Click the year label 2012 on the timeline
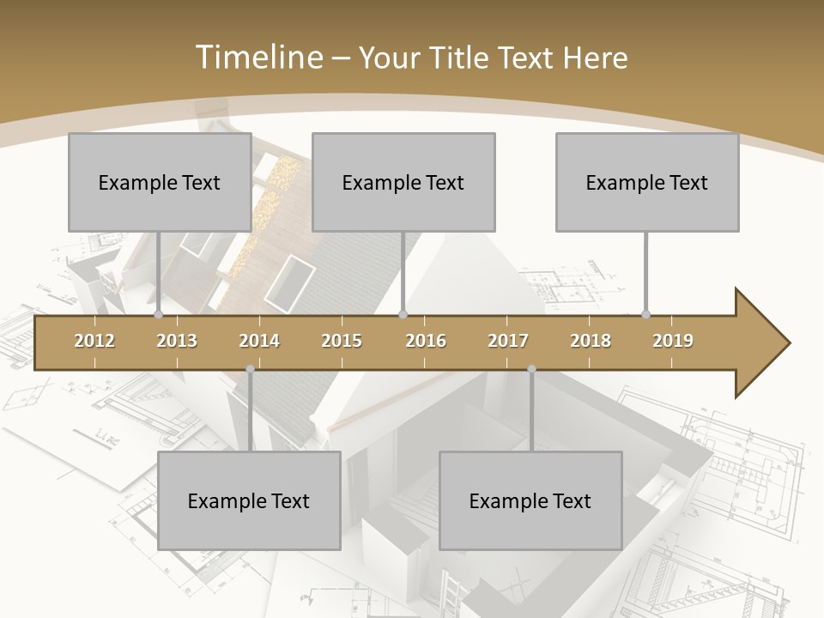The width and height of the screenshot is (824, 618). click(94, 341)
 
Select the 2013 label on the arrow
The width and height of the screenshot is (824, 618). click(177, 341)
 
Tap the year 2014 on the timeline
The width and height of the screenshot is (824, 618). click(259, 341)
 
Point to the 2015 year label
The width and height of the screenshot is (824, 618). click(342, 341)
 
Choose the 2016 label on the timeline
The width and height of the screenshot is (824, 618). click(426, 341)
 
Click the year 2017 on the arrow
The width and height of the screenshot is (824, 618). click(508, 341)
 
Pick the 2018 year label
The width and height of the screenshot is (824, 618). click(591, 341)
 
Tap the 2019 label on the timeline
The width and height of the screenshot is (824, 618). click(673, 341)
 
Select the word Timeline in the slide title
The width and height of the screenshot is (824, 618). click(257, 58)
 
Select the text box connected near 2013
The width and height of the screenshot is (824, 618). click(160, 182)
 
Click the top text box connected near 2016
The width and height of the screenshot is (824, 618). click(403, 182)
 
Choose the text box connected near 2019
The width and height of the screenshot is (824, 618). click(647, 182)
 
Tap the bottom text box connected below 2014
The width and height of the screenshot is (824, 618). click(249, 500)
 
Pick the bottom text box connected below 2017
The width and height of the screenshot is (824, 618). click(530, 500)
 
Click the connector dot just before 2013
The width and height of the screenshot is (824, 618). click(159, 315)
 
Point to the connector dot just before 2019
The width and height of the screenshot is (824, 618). click(646, 315)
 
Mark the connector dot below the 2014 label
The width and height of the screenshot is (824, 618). click(250, 370)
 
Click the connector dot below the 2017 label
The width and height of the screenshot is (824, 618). click(531, 370)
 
